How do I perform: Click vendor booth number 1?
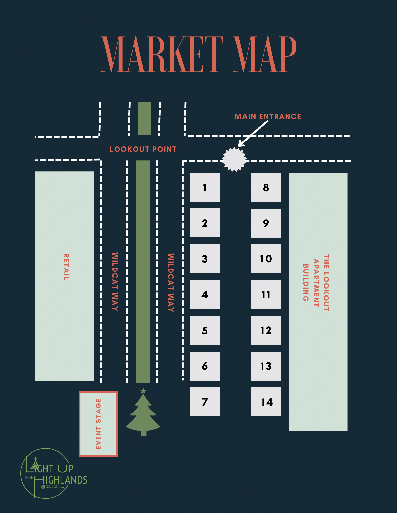205,188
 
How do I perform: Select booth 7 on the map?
205,402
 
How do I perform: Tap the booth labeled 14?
266,402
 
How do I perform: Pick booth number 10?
266,259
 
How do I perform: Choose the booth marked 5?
205,330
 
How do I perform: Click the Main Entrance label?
268,116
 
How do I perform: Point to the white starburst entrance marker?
234,159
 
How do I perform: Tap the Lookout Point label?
143,149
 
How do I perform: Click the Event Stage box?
98,424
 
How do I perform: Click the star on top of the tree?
143,391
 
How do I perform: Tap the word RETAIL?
66,267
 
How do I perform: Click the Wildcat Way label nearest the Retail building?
115,282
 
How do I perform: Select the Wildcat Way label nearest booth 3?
171,283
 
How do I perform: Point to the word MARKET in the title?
162,54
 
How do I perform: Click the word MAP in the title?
264,54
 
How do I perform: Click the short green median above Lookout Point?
144,119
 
